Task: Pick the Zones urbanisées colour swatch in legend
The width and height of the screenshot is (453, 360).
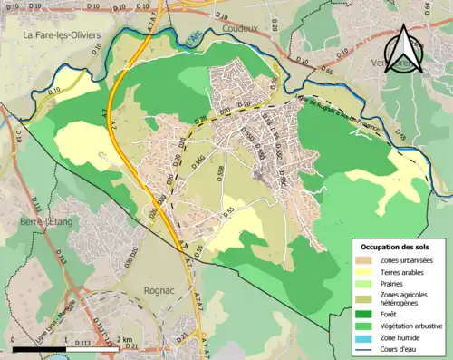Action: [367, 261]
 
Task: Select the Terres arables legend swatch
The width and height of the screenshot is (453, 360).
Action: [367, 274]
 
